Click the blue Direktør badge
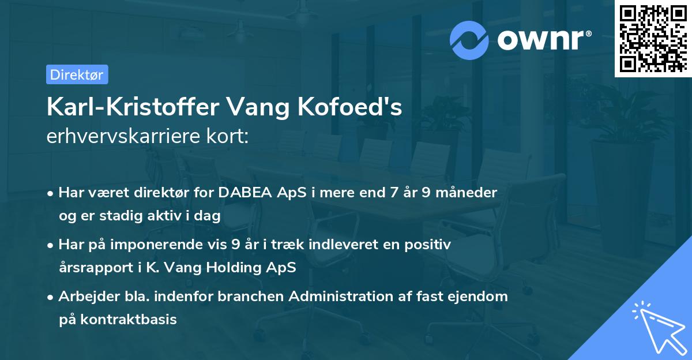[77, 74]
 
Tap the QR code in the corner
[652, 38]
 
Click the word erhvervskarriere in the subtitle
[126, 137]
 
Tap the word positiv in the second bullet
[430, 245]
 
